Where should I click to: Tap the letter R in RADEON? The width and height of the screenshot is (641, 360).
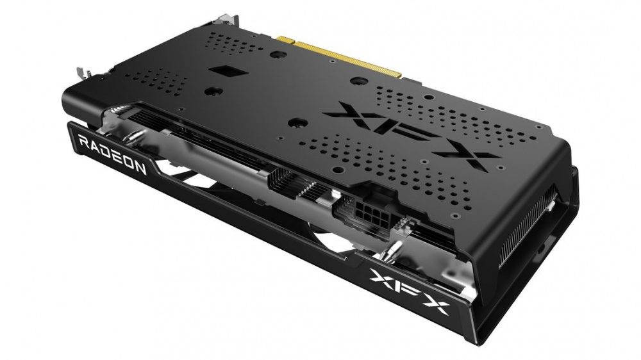tap(83, 142)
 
